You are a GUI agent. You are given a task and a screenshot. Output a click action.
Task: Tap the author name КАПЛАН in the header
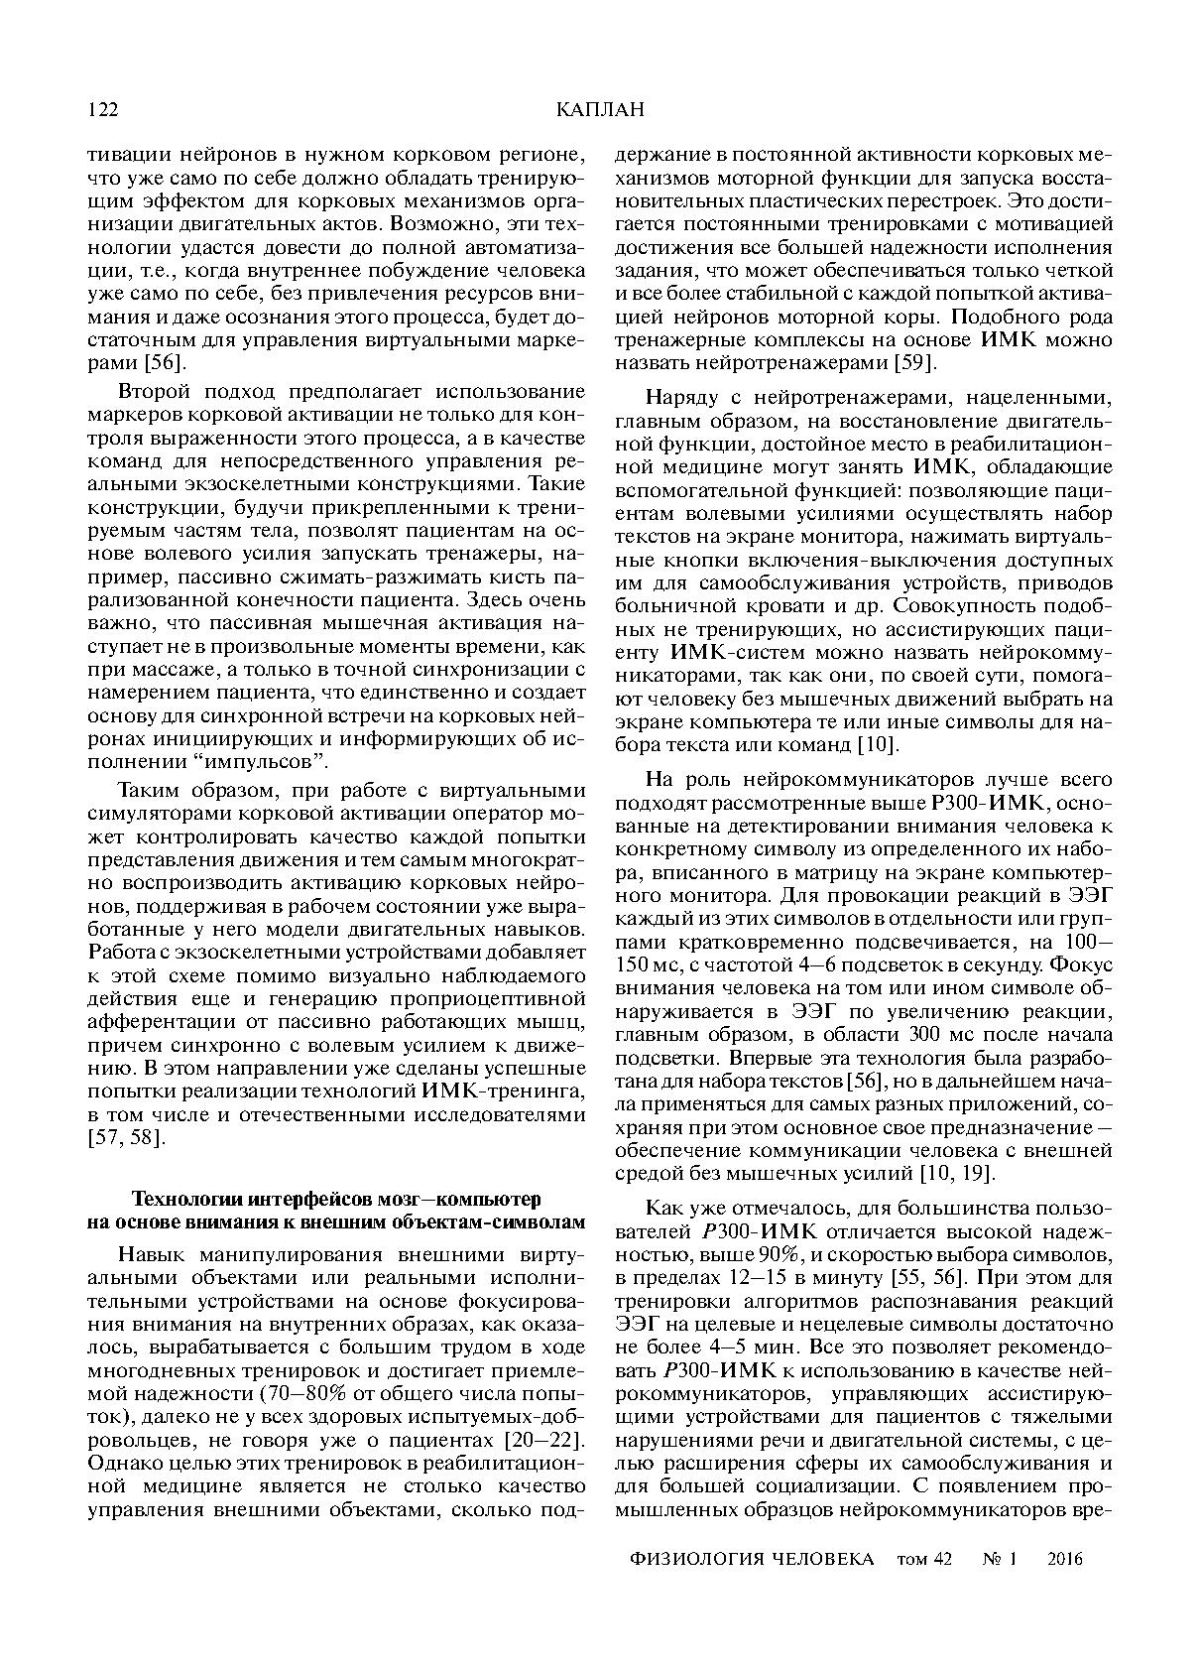[x=600, y=110]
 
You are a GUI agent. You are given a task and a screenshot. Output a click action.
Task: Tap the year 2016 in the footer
[x=1065, y=1559]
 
